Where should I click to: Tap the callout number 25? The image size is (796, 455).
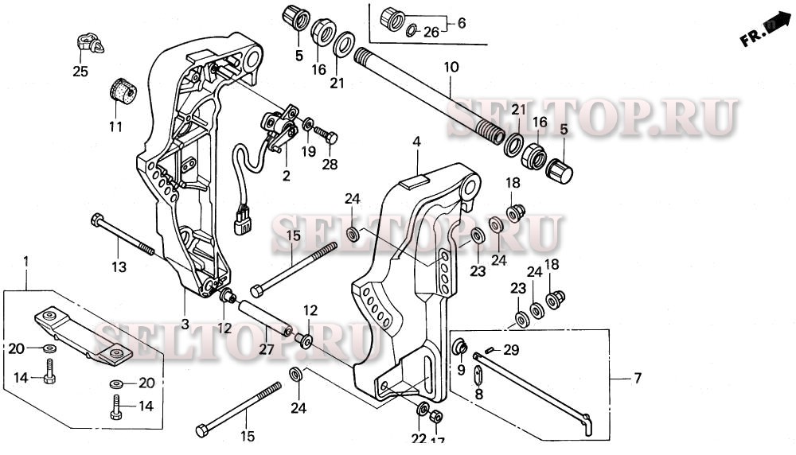point(80,72)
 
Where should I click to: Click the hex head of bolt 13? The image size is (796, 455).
point(97,220)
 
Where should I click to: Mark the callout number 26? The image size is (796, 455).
point(430,33)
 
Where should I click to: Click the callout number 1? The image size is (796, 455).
point(27,260)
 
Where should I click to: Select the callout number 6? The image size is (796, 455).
point(461,24)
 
